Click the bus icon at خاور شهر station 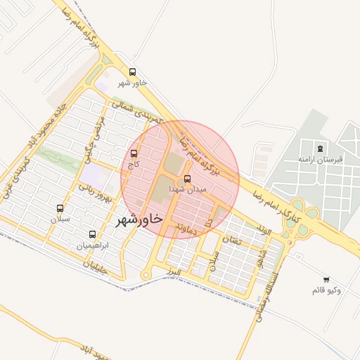point(133,72)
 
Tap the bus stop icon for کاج point(134,153)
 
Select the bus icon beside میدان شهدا point(187,179)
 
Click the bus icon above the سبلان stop point(60,209)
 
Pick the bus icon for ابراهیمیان point(92,234)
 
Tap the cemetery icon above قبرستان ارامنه point(321,148)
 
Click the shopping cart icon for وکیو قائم point(326,279)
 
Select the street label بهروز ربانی point(96,191)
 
